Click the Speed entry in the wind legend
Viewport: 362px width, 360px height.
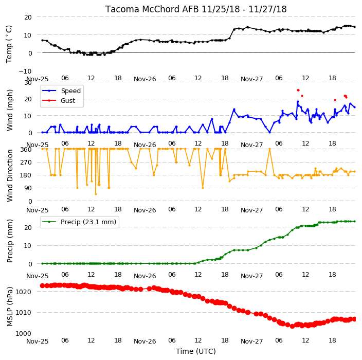click(70, 91)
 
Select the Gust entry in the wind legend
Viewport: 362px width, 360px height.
click(68, 100)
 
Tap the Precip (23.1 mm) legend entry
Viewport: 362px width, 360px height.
click(88, 222)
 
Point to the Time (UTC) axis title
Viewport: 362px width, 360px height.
click(196, 351)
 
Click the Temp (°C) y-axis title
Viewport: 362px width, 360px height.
click(9, 44)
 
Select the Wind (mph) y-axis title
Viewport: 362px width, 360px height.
click(9, 110)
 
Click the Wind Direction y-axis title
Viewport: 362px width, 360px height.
click(9, 175)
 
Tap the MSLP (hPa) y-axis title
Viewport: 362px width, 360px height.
click(9, 307)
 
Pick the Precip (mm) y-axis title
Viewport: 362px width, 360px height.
click(9, 241)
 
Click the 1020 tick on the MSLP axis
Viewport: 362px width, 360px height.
click(23, 292)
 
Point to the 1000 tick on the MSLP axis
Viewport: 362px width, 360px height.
click(23, 333)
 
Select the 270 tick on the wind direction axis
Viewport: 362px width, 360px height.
click(26, 162)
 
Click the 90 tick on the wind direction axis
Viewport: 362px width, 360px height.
click(28, 188)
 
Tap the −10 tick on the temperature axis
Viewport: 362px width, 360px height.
click(25, 71)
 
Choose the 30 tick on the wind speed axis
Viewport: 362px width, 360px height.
click(28, 82)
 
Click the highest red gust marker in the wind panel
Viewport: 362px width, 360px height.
click(298, 91)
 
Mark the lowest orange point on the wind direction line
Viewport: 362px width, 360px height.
click(96, 194)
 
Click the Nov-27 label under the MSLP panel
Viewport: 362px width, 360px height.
click(251, 341)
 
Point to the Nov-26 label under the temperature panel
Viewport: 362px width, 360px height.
click(145, 79)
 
